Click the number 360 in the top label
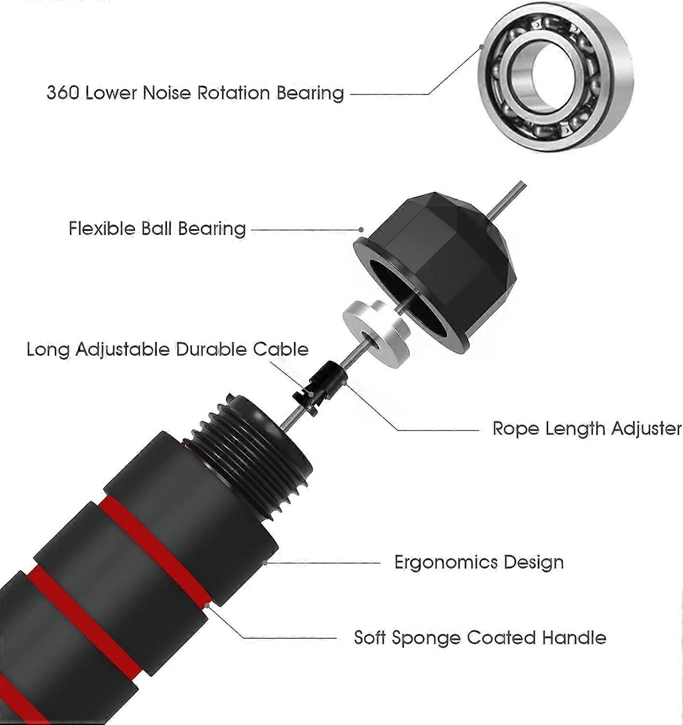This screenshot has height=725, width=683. click(x=62, y=92)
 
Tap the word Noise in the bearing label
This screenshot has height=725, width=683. click(x=167, y=92)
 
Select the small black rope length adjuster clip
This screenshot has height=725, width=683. click(x=320, y=387)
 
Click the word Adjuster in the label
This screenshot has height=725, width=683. click(x=646, y=428)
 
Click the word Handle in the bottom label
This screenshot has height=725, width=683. click(x=574, y=638)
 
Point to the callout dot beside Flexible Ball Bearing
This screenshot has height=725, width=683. click(x=361, y=230)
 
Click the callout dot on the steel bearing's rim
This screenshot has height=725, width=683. click(x=481, y=47)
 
